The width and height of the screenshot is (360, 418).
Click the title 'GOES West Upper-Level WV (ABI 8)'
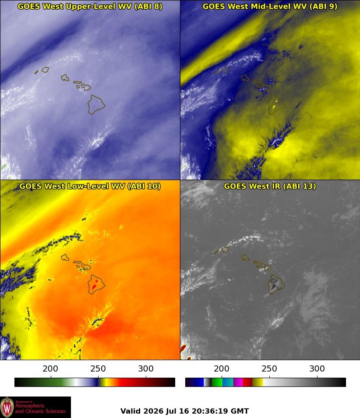pos(90,7)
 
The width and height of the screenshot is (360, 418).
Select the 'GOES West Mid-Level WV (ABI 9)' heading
pos(270,7)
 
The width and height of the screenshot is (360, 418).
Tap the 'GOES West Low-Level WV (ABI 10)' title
pos(90,186)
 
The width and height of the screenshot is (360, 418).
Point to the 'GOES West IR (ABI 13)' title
pos(270,186)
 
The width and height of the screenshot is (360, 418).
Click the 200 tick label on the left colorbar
pos(50,368)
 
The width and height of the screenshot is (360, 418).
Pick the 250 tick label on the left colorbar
pos(98,368)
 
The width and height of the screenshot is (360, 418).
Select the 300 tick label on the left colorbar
pos(146,368)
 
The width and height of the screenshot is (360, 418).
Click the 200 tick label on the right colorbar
pos(222,368)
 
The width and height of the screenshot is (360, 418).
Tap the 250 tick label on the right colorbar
pos(269,368)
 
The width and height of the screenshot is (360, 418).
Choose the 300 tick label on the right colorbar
pos(317,368)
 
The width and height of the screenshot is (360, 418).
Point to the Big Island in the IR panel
pos(277,284)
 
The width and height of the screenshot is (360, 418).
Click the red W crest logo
pos(7,407)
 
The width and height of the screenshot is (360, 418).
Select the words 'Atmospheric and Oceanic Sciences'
pos(40,408)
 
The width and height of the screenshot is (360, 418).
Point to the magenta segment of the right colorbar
pos(238,382)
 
